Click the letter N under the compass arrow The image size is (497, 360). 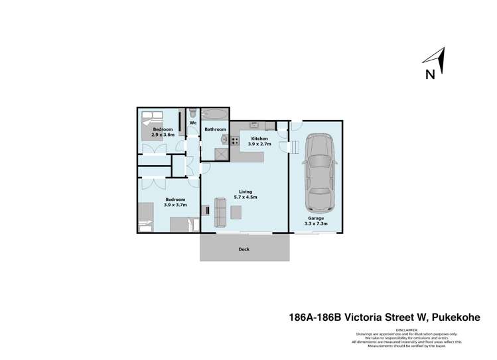click(430, 74)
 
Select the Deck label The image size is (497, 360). click(244, 249)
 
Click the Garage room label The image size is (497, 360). click(316, 218)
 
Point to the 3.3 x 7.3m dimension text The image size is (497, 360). click(316, 224)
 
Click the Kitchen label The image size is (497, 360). click(259, 138)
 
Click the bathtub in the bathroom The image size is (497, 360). click(214, 113)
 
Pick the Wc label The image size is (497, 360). click(193, 123)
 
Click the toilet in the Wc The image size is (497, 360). click(192, 112)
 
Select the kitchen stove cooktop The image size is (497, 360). click(234, 139)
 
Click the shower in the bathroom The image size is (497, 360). click(218, 152)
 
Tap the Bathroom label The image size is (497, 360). click(215, 129)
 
